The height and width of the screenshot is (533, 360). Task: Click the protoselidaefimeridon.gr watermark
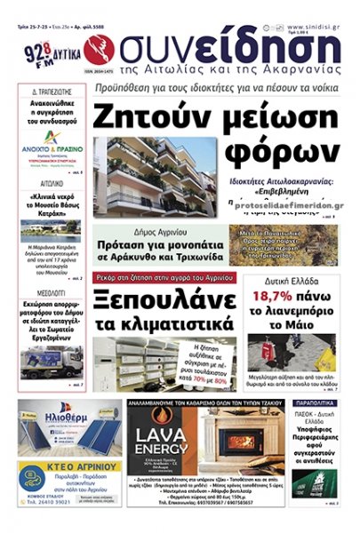pyautogui.click(x=281, y=202)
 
